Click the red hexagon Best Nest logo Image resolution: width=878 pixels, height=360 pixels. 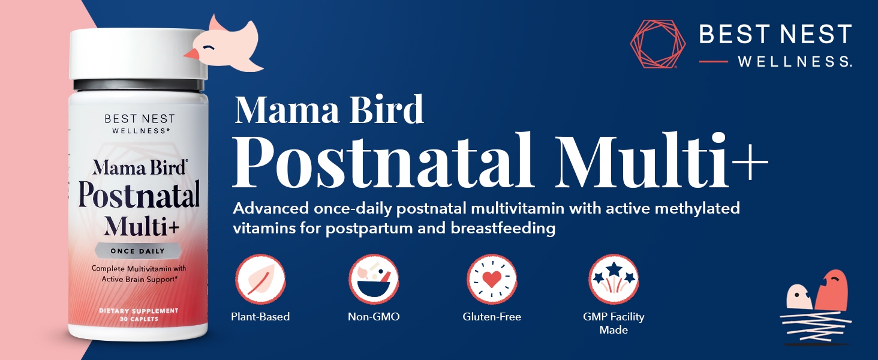pyautogui.click(x=658, y=44)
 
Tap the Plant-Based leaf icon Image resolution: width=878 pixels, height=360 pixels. pyautogui.click(x=260, y=279)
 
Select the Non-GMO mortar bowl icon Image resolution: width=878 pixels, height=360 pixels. pyautogui.click(x=374, y=279)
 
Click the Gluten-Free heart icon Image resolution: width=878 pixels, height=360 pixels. pyautogui.click(x=492, y=279)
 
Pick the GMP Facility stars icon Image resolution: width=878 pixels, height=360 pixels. pyautogui.click(x=614, y=279)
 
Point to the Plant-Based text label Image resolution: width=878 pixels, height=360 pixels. pyautogui.click(x=260, y=316)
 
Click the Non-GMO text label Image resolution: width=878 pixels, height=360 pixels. pyautogui.click(x=374, y=316)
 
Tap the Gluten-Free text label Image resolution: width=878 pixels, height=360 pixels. pyautogui.click(x=492, y=316)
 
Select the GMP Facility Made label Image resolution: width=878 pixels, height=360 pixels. pyautogui.click(x=614, y=323)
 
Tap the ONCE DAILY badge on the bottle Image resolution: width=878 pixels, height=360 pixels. pyautogui.click(x=138, y=251)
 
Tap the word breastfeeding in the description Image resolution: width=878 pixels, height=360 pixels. pyautogui.click(x=503, y=228)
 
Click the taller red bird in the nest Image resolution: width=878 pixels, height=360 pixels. pyautogui.click(x=831, y=290)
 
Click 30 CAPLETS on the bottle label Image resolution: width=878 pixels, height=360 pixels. pyautogui.click(x=139, y=319)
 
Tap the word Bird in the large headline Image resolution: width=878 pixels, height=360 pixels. pyautogui.click(x=386, y=109)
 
